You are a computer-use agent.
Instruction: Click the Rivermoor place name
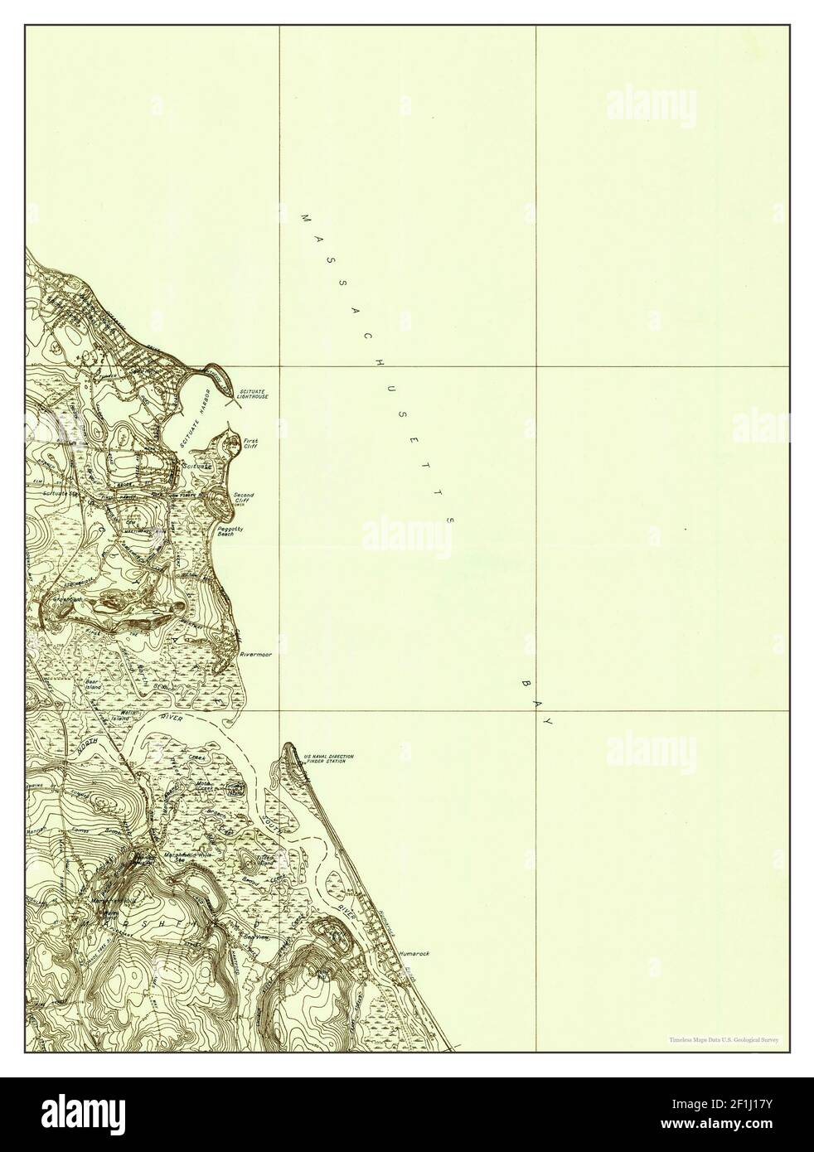tap(255, 654)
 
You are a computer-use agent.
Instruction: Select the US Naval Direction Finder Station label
tap(329, 758)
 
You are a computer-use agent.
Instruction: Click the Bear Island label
tap(93, 685)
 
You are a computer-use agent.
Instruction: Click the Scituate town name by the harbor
tap(198, 467)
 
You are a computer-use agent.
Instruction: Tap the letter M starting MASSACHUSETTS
tap(303, 218)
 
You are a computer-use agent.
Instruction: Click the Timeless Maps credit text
tap(729, 1038)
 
